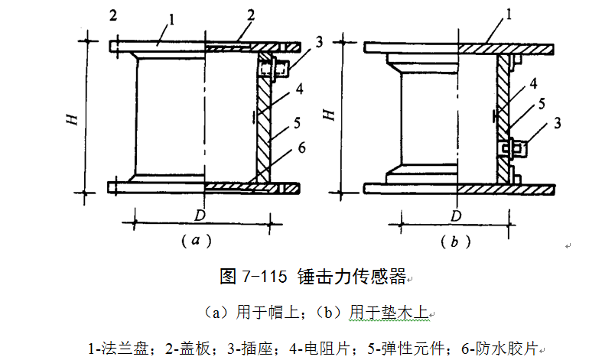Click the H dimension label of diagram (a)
coord(71,118)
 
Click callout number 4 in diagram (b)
coord(533,82)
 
